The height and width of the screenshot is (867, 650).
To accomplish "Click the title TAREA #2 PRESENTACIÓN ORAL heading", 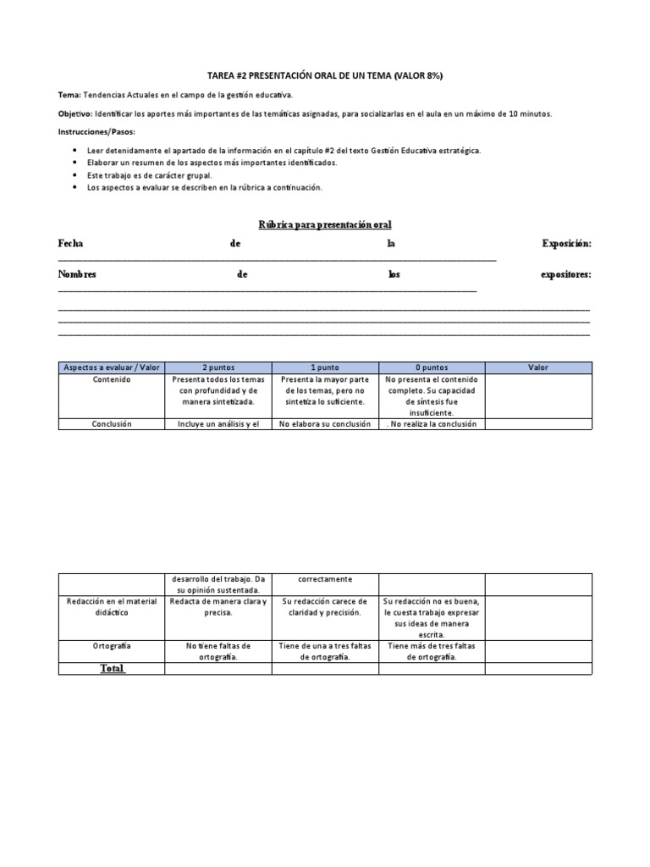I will (x=325, y=76).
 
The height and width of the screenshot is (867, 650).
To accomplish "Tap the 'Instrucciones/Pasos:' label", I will (x=96, y=132).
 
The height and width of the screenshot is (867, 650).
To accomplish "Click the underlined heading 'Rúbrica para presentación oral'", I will (x=325, y=224).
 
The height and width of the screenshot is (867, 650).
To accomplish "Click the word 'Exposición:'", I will (x=566, y=244).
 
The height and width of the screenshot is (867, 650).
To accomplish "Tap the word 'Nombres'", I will (x=78, y=274).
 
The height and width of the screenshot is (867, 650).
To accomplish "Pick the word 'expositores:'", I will (x=565, y=274).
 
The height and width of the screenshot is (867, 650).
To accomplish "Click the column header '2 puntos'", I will (x=218, y=367).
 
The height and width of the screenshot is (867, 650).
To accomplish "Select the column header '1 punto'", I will (x=325, y=367).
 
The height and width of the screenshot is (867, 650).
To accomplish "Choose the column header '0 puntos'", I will (x=432, y=367).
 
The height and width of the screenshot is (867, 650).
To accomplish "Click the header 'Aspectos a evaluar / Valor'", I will (x=112, y=367).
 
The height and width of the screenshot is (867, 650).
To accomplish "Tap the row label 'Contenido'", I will (x=112, y=380).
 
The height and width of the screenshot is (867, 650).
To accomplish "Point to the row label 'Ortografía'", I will (x=112, y=645).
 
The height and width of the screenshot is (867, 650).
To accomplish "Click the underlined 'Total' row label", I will (x=112, y=668).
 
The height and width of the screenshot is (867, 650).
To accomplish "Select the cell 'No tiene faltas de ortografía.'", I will (x=218, y=650).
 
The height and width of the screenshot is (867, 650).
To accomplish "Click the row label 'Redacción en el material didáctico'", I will (x=112, y=606).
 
